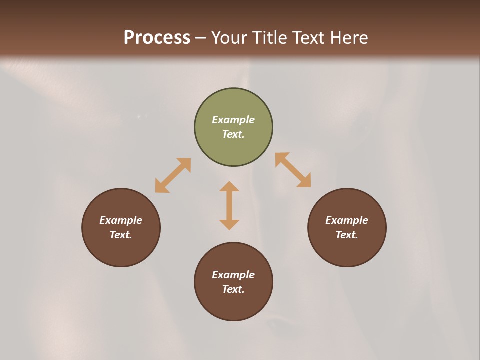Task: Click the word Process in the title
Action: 157,38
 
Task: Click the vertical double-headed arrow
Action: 229,205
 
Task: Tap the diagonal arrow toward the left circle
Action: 173,175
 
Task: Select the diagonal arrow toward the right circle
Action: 293,170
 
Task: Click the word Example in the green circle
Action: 233,120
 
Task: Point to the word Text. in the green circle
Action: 233,134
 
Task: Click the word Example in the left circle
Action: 121,220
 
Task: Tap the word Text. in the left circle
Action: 121,235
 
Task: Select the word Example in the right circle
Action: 347,220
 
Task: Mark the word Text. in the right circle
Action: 347,235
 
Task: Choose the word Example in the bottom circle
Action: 233,275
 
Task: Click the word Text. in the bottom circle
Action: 233,289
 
